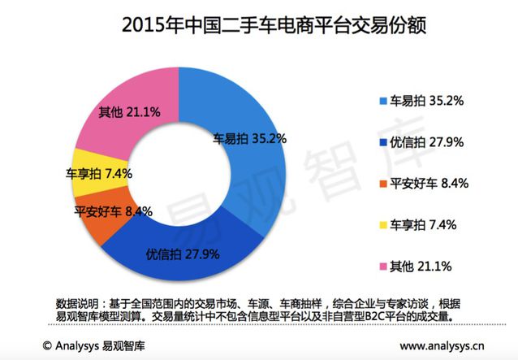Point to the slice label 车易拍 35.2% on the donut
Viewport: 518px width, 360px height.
click(x=250, y=138)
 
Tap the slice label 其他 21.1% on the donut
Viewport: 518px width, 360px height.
click(x=129, y=111)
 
